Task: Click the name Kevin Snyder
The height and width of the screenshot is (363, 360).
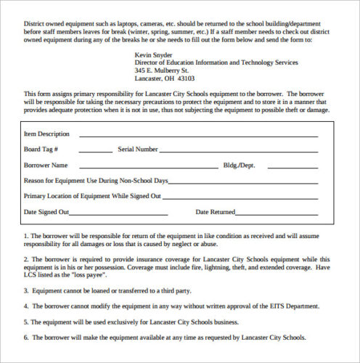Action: pos(155,55)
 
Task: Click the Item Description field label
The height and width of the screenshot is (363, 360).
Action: pos(46,134)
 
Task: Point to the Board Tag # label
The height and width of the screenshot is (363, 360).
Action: pos(41,150)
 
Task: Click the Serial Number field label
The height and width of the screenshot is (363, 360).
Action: pos(137,150)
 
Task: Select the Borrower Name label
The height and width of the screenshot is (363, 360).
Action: pos(46,166)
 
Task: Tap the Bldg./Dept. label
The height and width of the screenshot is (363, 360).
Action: pos(240,166)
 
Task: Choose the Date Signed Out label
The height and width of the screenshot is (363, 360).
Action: pos(46,212)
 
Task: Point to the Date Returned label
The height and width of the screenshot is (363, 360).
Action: pos(216,212)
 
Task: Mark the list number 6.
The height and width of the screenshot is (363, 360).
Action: pos(25,338)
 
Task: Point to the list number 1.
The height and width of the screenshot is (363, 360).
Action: pos(25,236)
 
